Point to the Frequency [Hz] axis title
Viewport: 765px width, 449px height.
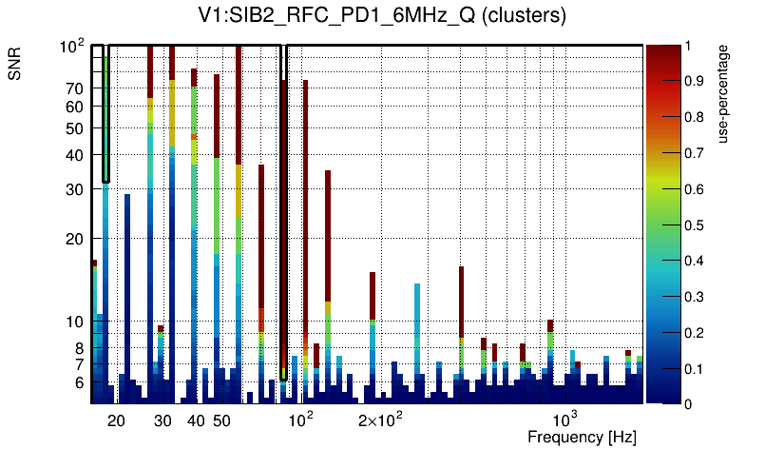click(x=582, y=437)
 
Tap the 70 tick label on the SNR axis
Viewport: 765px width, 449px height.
click(x=74, y=88)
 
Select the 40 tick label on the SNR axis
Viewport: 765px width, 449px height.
click(x=74, y=155)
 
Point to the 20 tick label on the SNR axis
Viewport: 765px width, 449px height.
click(x=74, y=239)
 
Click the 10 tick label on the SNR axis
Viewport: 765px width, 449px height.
click(x=74, y=322)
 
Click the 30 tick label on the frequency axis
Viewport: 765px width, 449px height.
click(x=163, y=420)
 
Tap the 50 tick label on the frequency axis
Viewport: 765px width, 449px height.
click(x=220, y=420)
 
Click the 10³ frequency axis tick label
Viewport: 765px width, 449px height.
click(x=564, y=420)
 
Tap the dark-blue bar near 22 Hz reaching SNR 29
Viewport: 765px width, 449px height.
click(x=127, y=285)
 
